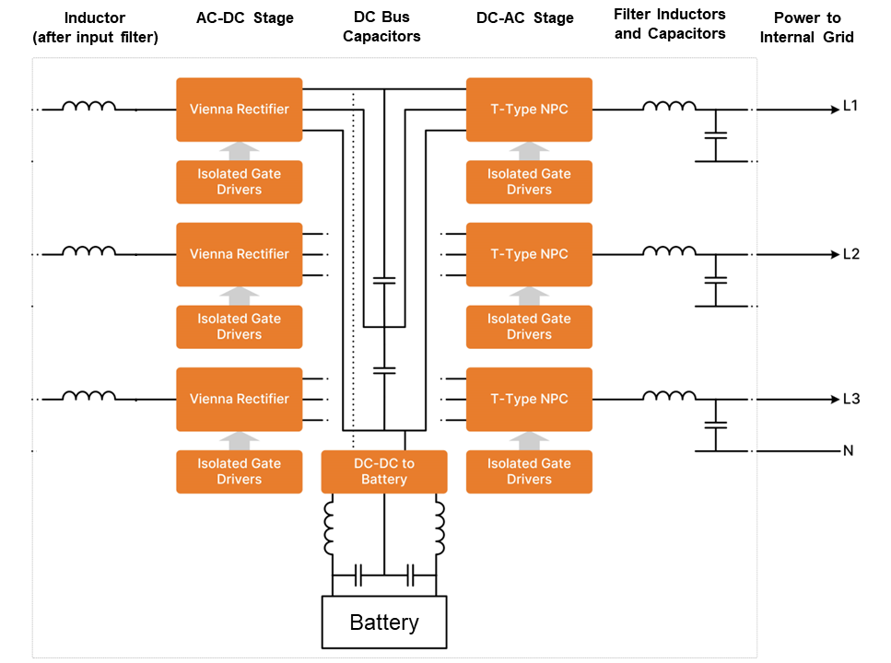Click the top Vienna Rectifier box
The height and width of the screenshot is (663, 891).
click(240, 110)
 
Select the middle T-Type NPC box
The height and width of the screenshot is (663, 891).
click(529, 254)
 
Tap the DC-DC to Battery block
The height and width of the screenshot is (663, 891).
click(384, 471)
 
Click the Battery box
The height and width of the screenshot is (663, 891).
click(384, 622)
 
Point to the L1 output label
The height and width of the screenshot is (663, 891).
click(850, 106)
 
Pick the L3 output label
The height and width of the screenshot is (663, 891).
click(851, 399)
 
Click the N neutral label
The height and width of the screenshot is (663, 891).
click(849, 450)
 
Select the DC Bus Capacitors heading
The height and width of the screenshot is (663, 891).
click(381, 27)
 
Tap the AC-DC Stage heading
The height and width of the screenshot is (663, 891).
click(245, 18)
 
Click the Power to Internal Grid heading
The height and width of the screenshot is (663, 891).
click(807, 28)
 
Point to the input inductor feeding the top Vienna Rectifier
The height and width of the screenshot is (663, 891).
click(89, 106)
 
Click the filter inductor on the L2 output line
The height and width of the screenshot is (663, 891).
click(669, 250)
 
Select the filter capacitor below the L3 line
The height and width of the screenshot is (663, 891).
click(715, 425)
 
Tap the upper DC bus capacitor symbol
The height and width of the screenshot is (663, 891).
click(384, 280)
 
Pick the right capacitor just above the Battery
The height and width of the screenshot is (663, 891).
click(411, 575)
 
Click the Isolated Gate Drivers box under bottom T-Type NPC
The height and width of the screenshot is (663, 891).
click(529, 471)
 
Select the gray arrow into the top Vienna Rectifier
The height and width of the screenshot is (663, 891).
click(240, 151)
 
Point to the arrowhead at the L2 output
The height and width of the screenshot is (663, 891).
click(836, 254)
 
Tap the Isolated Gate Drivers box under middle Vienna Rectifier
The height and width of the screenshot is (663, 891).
click(240, 327)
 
